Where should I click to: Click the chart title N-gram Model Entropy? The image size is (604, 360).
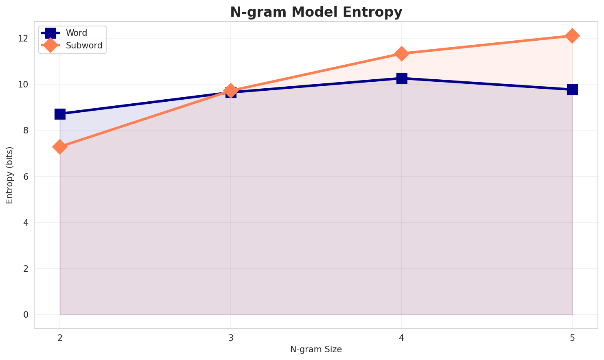pyautogui.click(x=316, y=12)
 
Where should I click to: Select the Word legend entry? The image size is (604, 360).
pyautogui.click(x=77, y=33)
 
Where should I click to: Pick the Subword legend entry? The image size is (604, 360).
pyautogui.click(x=84, y=45)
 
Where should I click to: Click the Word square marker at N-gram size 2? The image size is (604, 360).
pyautogui.click(x=60, y=114)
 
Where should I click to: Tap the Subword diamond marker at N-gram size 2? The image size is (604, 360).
pyautogui.click(x=60, y=146)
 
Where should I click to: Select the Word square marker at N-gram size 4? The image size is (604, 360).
pyautogui.click(x=402, y=78)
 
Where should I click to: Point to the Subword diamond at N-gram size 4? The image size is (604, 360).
pyautogui.click(x=402, y=54)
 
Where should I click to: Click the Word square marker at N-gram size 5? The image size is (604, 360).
pyautogui.click(x=572, y=89)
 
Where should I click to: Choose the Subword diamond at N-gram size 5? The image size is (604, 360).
pyautogui.click(x=572, y=36)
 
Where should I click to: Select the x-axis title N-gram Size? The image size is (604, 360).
pyautogui.click(x=316, y=349)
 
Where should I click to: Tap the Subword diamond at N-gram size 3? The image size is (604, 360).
pyautogui.click(x=231, y=91)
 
